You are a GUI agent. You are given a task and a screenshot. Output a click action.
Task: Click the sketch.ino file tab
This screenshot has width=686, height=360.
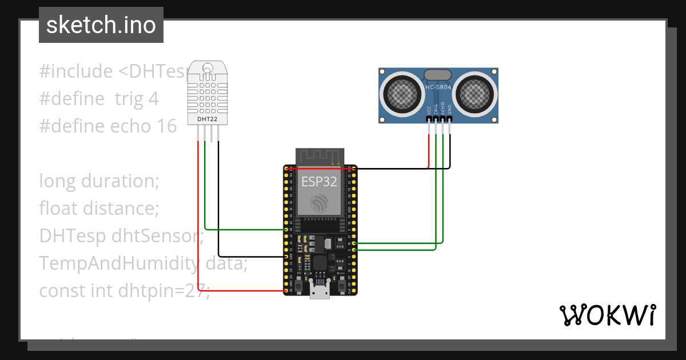tap(101, 25)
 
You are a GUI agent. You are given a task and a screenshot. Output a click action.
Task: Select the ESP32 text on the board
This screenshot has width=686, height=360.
tap(319, 182)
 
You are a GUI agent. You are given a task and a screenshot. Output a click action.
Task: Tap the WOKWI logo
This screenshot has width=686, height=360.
tap(607, 315)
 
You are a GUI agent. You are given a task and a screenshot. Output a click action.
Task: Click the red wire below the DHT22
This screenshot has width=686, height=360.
tap(198, 217)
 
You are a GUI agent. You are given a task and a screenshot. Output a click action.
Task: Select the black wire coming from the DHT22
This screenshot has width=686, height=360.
tap(218, 200)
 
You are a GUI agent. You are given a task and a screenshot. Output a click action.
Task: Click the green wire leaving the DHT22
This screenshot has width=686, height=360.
tap(205, 189)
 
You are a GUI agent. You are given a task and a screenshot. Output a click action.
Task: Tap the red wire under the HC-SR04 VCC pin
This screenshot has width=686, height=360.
tap(429, 149)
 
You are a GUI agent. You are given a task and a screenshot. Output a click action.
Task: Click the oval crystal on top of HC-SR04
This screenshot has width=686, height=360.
tap(438, 74)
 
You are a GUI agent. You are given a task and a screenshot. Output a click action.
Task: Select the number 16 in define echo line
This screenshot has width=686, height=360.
tap(166, 126)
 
